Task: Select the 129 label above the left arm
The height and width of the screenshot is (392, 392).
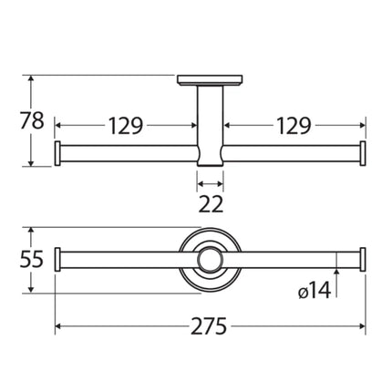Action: (x=127, y=126)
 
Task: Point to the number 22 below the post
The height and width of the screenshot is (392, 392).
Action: (x=211, y=203)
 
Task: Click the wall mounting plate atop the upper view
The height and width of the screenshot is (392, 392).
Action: (x=211, y=80)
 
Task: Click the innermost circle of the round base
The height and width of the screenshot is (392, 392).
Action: (x=211, y=260)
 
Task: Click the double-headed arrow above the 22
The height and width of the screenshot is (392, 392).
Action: (x=211, y=181)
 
